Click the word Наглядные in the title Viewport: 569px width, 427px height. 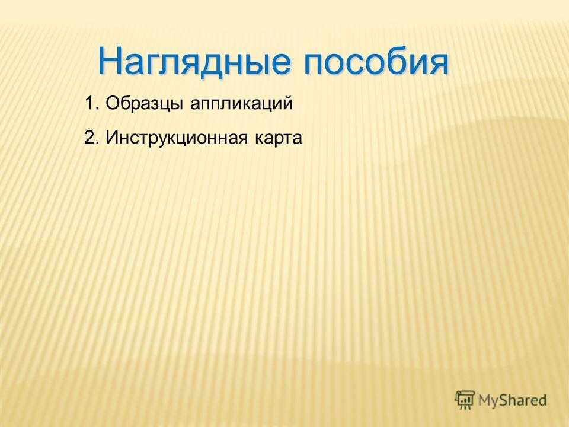[x=194, y=62]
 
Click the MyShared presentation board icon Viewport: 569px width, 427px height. [x=465, y=400]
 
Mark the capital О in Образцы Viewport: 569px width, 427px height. [x=112, y=103]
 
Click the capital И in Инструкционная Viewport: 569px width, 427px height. [x=111, y=138]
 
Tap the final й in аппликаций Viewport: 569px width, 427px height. [x=288, y=103]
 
